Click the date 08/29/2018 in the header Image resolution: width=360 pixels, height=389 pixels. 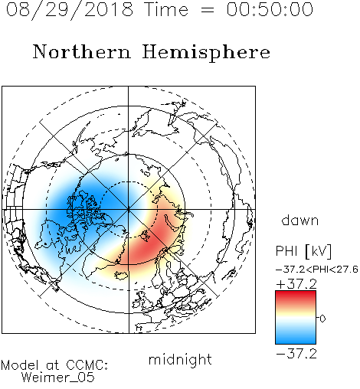(70, 10)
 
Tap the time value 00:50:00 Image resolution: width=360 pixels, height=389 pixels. (270, 9)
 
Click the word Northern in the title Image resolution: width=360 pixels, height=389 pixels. (82, 52)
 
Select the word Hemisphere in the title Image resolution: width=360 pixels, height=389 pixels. (206, 53)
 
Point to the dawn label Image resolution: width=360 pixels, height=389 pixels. (300, 221)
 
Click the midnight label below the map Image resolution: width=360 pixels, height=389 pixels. (180, 360)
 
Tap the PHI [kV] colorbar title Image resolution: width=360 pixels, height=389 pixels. (303, 251)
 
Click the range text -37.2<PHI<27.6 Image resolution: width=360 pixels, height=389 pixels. (317, 270)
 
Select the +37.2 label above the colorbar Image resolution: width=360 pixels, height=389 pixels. (296, 284)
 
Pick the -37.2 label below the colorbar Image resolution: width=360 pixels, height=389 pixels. (296, 354)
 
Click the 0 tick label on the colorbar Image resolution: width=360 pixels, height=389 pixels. (322, 319)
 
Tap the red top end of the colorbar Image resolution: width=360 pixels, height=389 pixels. (296, 293)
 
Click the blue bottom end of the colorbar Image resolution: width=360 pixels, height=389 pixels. (296, 342)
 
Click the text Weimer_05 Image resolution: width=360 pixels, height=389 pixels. (58, 378)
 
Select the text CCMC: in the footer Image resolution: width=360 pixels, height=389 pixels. (87, 365)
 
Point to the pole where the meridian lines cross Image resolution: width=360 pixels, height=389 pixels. (129, 210)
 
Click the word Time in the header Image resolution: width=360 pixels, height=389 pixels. (166, 9)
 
